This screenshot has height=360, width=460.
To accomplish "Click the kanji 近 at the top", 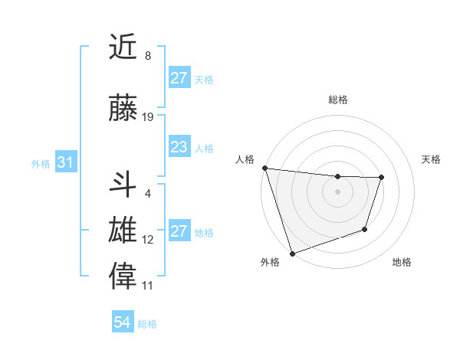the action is click(x=123, y=48).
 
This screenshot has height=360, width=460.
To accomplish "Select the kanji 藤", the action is click(x=123, y=110).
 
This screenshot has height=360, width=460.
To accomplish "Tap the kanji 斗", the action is click(x=123, y=185).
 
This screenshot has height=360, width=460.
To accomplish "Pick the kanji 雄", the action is click(x=123, y=231).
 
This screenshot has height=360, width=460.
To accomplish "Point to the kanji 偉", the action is click(x=123, y=277).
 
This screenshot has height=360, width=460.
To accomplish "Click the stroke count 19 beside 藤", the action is click(x=148, y=117).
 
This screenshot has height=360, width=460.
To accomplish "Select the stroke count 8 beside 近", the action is click(x=147, y=56).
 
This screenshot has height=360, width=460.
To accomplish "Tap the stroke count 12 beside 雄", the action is click(x=148, y=240).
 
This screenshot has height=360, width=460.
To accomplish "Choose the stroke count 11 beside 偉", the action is click(x=148, y=286).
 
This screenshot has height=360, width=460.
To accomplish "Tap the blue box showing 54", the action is click(x=122, y=322).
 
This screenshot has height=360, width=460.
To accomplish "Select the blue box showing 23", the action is click(x=179, y=147).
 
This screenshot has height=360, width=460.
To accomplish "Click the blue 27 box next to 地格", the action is click(x=179, y=231).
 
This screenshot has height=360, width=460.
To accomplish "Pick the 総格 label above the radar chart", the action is click(x=337, y=100).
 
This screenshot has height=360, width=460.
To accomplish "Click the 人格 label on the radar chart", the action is click(x=245, y=159).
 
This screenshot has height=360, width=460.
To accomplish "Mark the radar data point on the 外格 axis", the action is click(x=291, y=253).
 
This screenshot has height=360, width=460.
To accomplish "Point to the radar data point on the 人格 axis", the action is click(x=264, y=168).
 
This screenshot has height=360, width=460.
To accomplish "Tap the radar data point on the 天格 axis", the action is click(x=381, y=178).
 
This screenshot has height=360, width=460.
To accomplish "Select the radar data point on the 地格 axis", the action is click(x=365, y=229).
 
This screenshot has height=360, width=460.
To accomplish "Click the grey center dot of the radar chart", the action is click(x=337, y=191).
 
